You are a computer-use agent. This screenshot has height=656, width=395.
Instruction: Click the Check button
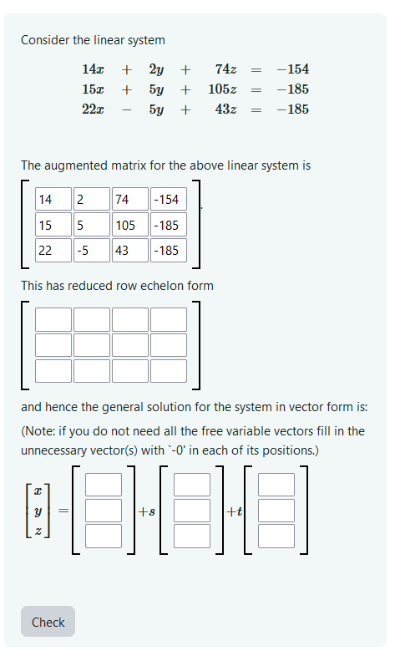click(x=48, y=622)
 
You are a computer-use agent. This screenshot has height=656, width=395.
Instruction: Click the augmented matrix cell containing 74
click(x=129, y=199)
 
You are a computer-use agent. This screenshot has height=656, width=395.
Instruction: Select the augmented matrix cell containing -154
click(x=168, y=199)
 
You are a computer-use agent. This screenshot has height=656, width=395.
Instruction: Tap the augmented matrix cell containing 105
click(x=129, y=225)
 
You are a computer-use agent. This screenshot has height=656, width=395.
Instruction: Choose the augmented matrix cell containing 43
click(x=129, y=250)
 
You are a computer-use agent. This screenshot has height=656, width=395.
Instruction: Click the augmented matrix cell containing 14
click(x=53, y=199)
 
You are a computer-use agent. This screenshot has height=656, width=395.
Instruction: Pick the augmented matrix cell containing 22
click(x=53, y=250)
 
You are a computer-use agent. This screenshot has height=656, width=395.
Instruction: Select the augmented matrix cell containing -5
click(x=91, y=250)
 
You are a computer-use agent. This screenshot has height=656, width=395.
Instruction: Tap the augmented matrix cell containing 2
click(x=91, y=199)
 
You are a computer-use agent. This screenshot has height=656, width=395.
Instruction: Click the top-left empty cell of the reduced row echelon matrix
click(x=53, y=319)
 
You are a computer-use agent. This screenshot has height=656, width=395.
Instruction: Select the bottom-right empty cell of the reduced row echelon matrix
click(x=168, y=370)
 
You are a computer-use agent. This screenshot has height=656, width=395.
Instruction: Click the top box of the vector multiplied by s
click(x=191, y=485)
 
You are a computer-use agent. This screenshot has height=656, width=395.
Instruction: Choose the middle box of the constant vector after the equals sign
click(x=104, y=510)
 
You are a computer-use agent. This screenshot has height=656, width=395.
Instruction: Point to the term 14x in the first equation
click(x=93, y=69)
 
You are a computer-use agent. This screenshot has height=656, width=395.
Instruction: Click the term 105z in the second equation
click(x=222, y=89)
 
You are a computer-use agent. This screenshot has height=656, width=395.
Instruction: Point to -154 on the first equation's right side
click(x=292, y=69)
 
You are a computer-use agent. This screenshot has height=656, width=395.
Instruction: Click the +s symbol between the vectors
click(x=146, y=511)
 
